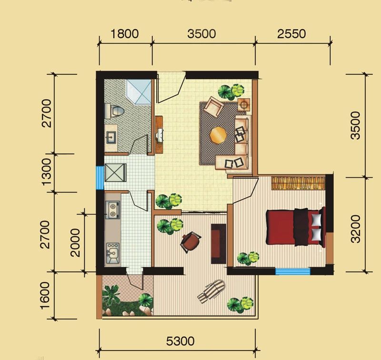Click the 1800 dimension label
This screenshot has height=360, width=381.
click(x=124, y=34)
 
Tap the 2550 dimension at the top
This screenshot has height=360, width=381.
click(x=291, y=34)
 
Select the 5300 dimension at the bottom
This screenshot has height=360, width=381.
click(x=180, y=341)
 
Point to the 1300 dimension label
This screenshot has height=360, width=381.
click(x=46, y=172)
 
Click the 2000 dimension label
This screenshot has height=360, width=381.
click(x=75, y=243)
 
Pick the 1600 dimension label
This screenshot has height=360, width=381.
click(x=45, y=296)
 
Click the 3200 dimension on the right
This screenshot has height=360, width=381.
click(x=355, y=229)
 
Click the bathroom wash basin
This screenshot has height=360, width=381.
click(x=111, y=138)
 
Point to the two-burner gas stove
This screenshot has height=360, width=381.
click(x=112, y=210)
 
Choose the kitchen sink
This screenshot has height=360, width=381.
click(x=112, y=254)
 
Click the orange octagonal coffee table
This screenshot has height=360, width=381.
click(x=219, y=135)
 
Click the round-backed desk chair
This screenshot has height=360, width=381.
click(x=191, y=242)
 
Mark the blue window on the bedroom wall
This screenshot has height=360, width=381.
click(x=293, y=271)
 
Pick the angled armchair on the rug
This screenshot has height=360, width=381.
click(x=213, y=107)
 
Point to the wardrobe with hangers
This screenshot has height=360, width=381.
click(x=298, y=183)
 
